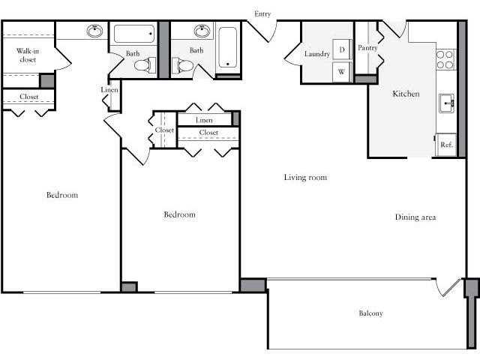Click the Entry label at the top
pyautogui.click(x=262, y=13)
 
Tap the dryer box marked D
pyautogui.click(x=342, y=50)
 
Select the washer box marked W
pyautogui.click(x=342, y=72)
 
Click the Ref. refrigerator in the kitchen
pyautogui.click(x=446, y=145)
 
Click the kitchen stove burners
pyautogui.click(x=445, y=59)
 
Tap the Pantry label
pyautogui.click(x=367, y=48)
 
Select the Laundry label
pyautogui.click(x=317, y=54)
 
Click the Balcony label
pyautogui.click(x=370, y=313)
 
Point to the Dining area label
pyautogui.click(x=415, y=217)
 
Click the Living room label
pyautogui.click(x=306, y=178)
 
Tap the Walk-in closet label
pyautogui.click(x=27, y=54)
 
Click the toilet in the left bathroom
pyautogui.click(x=142, y=65)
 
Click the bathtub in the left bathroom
pyautogui.click(x=134, y=34)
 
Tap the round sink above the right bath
pyautogui.click(x=202, y=31)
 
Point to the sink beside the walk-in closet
pyautogui.click(x=94, y=31)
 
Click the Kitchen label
pyautogui.click(x=406, y=94)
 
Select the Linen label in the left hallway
pyautogui.click(x=109, y=91)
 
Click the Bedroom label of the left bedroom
pyautogui.click(x=62, y=195)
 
